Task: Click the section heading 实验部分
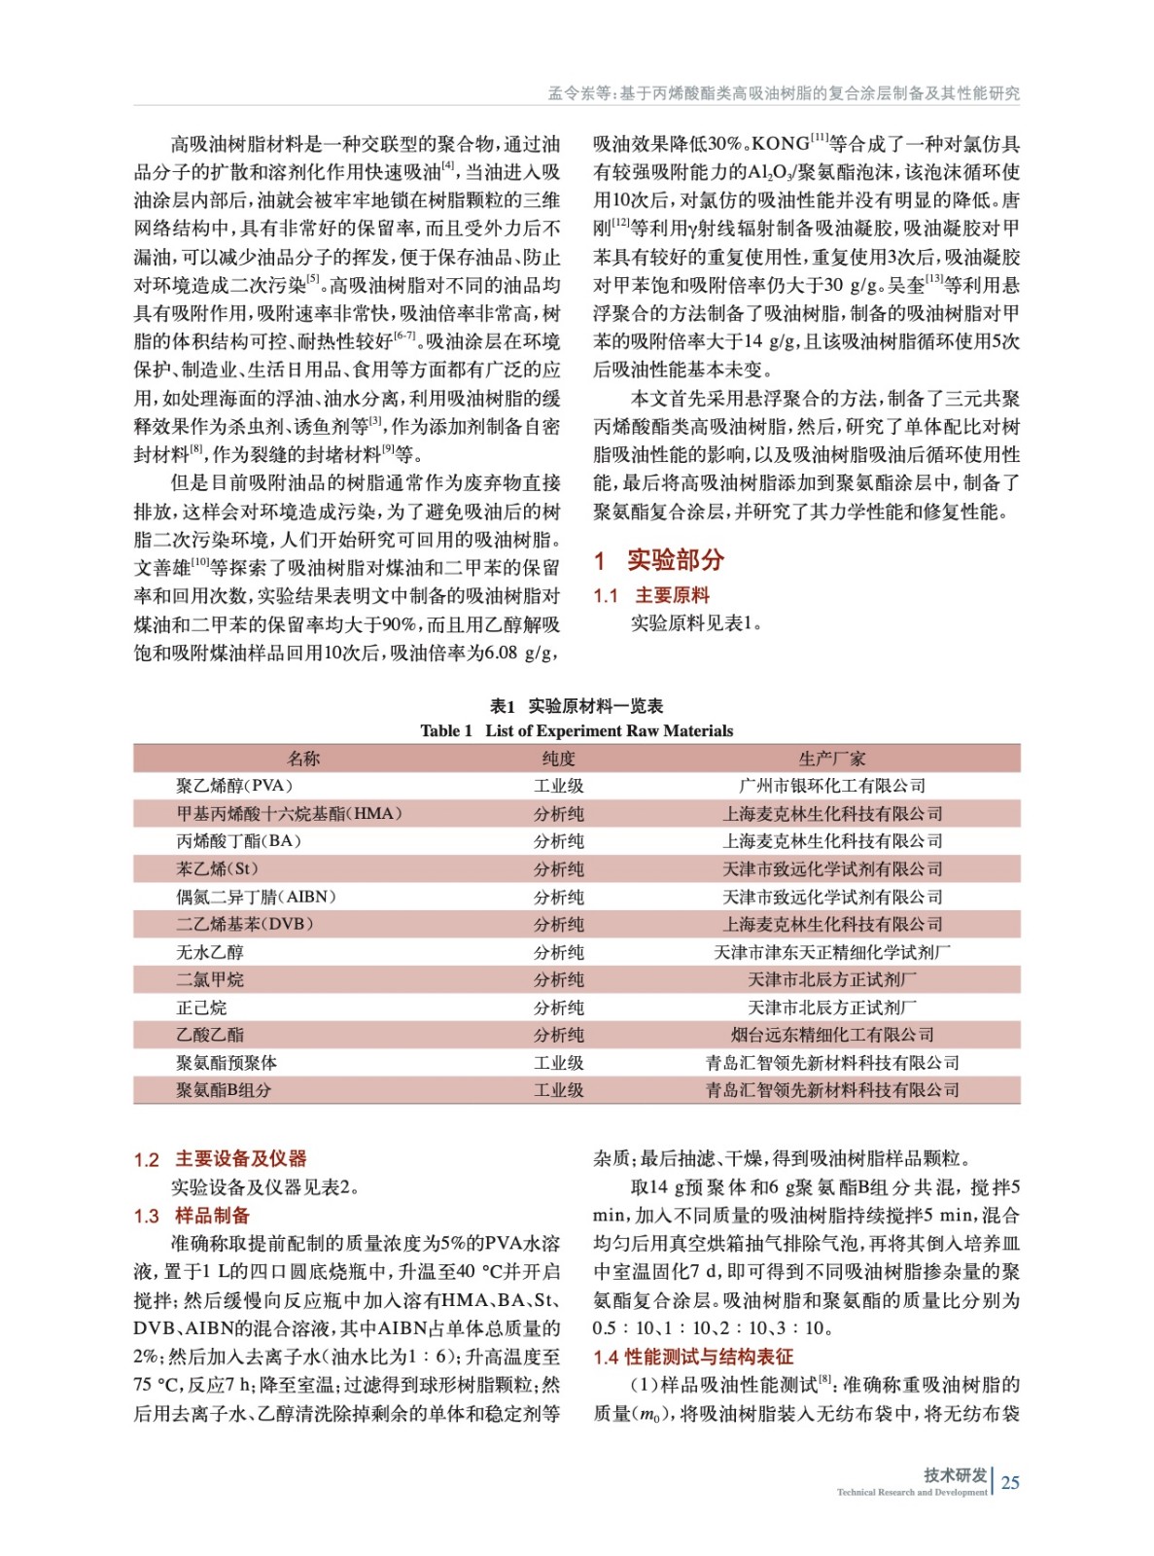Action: pos(675,560)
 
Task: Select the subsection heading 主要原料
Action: pos(672,595)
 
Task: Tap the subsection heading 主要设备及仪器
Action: pos(240,1158)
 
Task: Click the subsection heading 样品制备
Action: pos(212,1216)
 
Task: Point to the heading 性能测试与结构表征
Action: pos(709,1357)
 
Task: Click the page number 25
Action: pos(1010,1482)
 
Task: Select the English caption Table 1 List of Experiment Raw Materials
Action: pos(577,730)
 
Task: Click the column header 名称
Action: pos(303,759)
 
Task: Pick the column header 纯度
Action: pos(558,759)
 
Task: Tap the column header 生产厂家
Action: pos(831,759)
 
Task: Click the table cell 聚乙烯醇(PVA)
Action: pos(234,786)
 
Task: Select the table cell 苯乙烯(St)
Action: pos(218,868)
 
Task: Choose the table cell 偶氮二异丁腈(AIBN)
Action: pos(256,897)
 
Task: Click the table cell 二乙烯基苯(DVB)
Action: pos(245,924)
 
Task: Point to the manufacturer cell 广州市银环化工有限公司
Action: pos(831,786)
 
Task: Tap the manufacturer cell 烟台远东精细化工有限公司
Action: pos(831,1035)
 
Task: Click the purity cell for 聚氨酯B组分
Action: pos(558,1090)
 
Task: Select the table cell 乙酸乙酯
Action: pos(210,1035)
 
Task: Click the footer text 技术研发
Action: pos(955,1474)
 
